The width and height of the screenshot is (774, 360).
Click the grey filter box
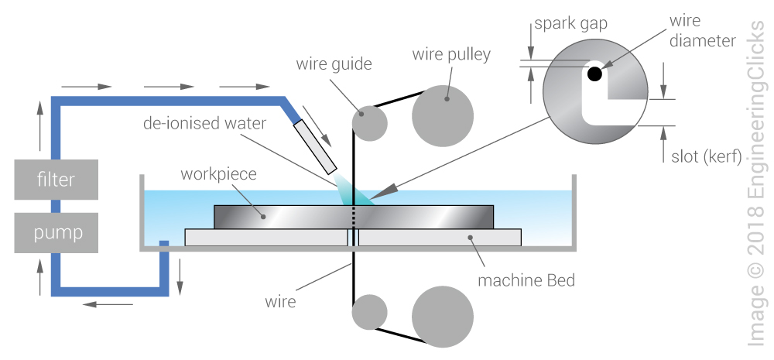tap(57, 180)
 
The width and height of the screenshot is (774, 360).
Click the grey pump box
tap(57, 231)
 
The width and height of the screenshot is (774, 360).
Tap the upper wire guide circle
tap(369, 122)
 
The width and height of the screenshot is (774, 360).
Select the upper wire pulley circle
tap(442, 115)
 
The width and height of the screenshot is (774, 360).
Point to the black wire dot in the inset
tap(594, 74)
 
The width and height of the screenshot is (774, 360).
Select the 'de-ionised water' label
tap(199, 123)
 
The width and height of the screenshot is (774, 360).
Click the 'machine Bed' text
tap(526, 280)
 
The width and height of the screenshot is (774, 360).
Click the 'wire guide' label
tap(334, 64)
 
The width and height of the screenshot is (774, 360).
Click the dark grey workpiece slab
tap(279, 218)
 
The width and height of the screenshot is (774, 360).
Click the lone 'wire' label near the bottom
tap(279, 301)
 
